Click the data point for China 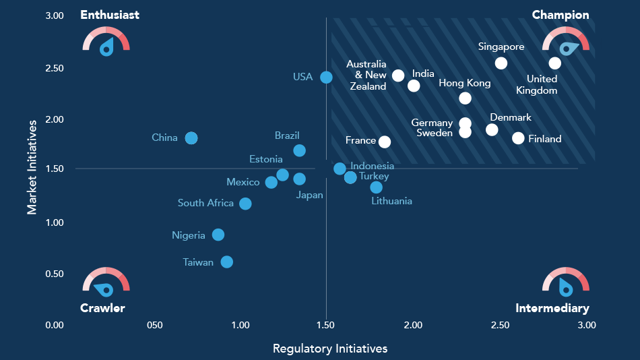coord(191,138)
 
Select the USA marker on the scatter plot coord(326,78)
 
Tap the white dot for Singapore coord(501,63)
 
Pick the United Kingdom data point coord(554,63)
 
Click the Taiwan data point coord(227,262)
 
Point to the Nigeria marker coord(218,235)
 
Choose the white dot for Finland coord(518,138)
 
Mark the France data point coord(385,142)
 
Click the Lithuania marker coord(376,187)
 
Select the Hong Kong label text coord(464,84)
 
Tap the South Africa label coord(205,203)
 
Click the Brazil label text coord(287,136)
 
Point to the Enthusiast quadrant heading coord(110,15)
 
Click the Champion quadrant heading coord(561,15)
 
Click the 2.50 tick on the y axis coord(55,69)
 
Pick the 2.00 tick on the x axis coord(413,325)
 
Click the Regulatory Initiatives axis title coord(330,349)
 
